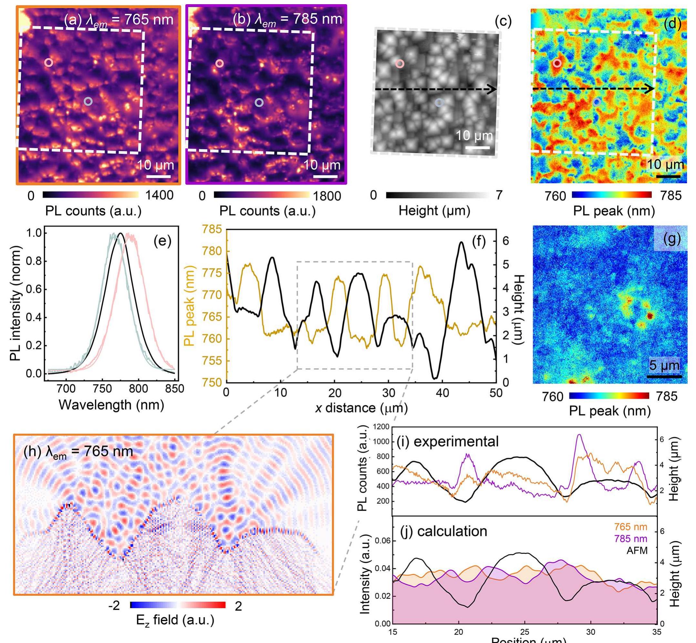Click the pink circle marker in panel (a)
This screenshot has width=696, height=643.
(x=49, y=63)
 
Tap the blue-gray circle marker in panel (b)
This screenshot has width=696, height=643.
(x=259, y=102)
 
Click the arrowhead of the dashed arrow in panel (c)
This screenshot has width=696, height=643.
(x=492, y=89)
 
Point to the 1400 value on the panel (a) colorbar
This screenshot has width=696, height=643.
(x=159, y=195)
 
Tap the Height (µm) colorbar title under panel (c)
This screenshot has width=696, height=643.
(x=434, y=211)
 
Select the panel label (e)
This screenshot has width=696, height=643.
(x=162, y=241)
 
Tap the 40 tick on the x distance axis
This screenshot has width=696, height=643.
(x=442, y=393)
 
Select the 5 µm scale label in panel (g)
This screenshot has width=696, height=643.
(x=664, y=365)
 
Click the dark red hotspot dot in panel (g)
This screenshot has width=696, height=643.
(x=649, y=316)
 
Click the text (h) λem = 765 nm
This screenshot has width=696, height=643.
(x=78, y=451)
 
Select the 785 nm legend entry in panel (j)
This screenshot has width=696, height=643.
(x=630, y=539)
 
